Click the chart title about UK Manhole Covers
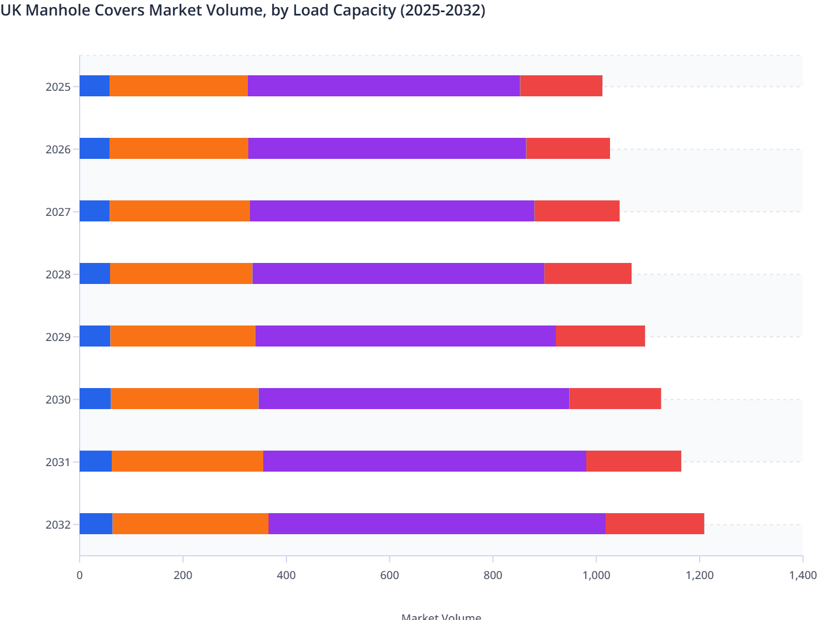click(x=243, y=10)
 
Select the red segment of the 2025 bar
click(x=561, y=86)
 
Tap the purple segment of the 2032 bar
click(x=437, y=524)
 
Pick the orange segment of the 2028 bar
click(x=181, y=273)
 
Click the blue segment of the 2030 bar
click(x=95, y=399)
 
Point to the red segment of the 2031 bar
click(x=633, y=461)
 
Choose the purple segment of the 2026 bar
click(x=387, y=148)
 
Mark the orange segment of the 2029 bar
click(x=183, y=336)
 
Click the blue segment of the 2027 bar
click(x=95, y=211)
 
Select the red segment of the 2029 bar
click(x=600, y=336)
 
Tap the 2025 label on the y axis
click(x=58, y=87)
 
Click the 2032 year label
click(x=58, y=525)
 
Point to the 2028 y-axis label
click(x=58, y=275)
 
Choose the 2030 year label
click(x=58, y=400)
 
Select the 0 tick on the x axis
click(x=80, y=575)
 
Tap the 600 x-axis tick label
click(x=389, y=575)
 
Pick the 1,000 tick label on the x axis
click(x=596, y=575)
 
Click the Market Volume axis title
click(x=441, y=616)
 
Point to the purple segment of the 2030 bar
click(x=414, y=399)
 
